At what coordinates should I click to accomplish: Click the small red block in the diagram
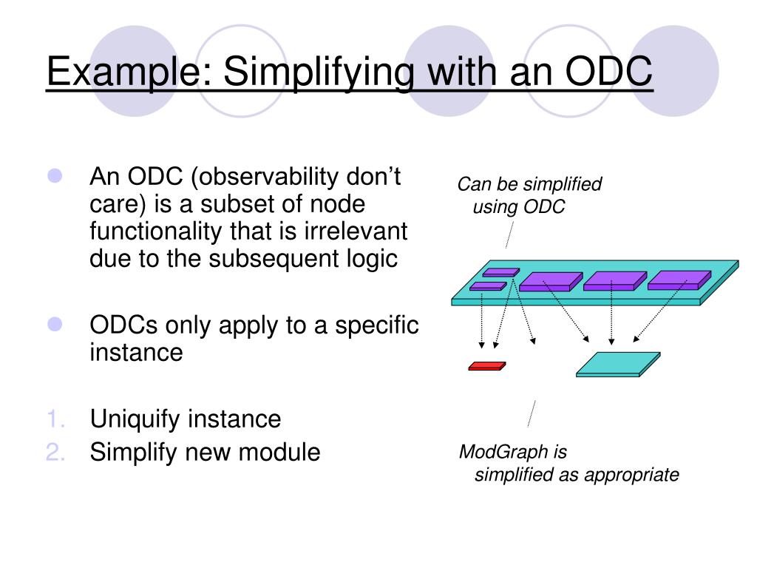487,365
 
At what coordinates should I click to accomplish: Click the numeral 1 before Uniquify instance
57,419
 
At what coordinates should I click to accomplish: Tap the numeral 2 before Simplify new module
56,452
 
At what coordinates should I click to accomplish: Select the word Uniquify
135,419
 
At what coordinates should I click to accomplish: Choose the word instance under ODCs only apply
136,353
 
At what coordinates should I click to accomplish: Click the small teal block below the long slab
618,364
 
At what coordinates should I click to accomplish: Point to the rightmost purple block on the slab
678,280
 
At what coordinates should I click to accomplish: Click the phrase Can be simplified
529,184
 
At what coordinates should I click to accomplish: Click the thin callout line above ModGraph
531,413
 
